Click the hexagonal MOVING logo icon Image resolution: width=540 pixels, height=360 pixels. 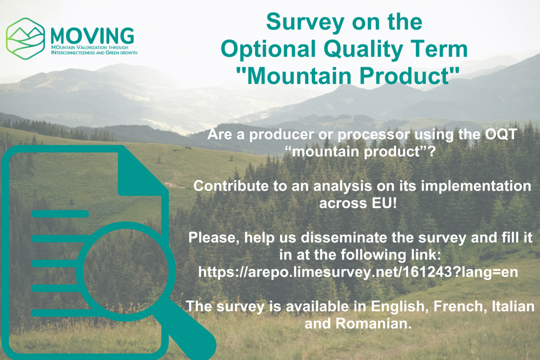coord(25,38)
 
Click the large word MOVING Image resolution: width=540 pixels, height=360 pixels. coord(92,36)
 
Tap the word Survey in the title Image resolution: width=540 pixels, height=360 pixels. coord(305,23)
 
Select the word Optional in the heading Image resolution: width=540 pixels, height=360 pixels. coord(268,49)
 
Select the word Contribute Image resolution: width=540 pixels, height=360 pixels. coord(231,186)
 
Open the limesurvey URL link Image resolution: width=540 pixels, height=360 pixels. coord(358,272)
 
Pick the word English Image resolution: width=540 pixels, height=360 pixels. coord(400,306)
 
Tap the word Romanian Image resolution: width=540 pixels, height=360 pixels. coord(373,324)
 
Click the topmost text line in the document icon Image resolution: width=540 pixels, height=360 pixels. coord(60,214)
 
